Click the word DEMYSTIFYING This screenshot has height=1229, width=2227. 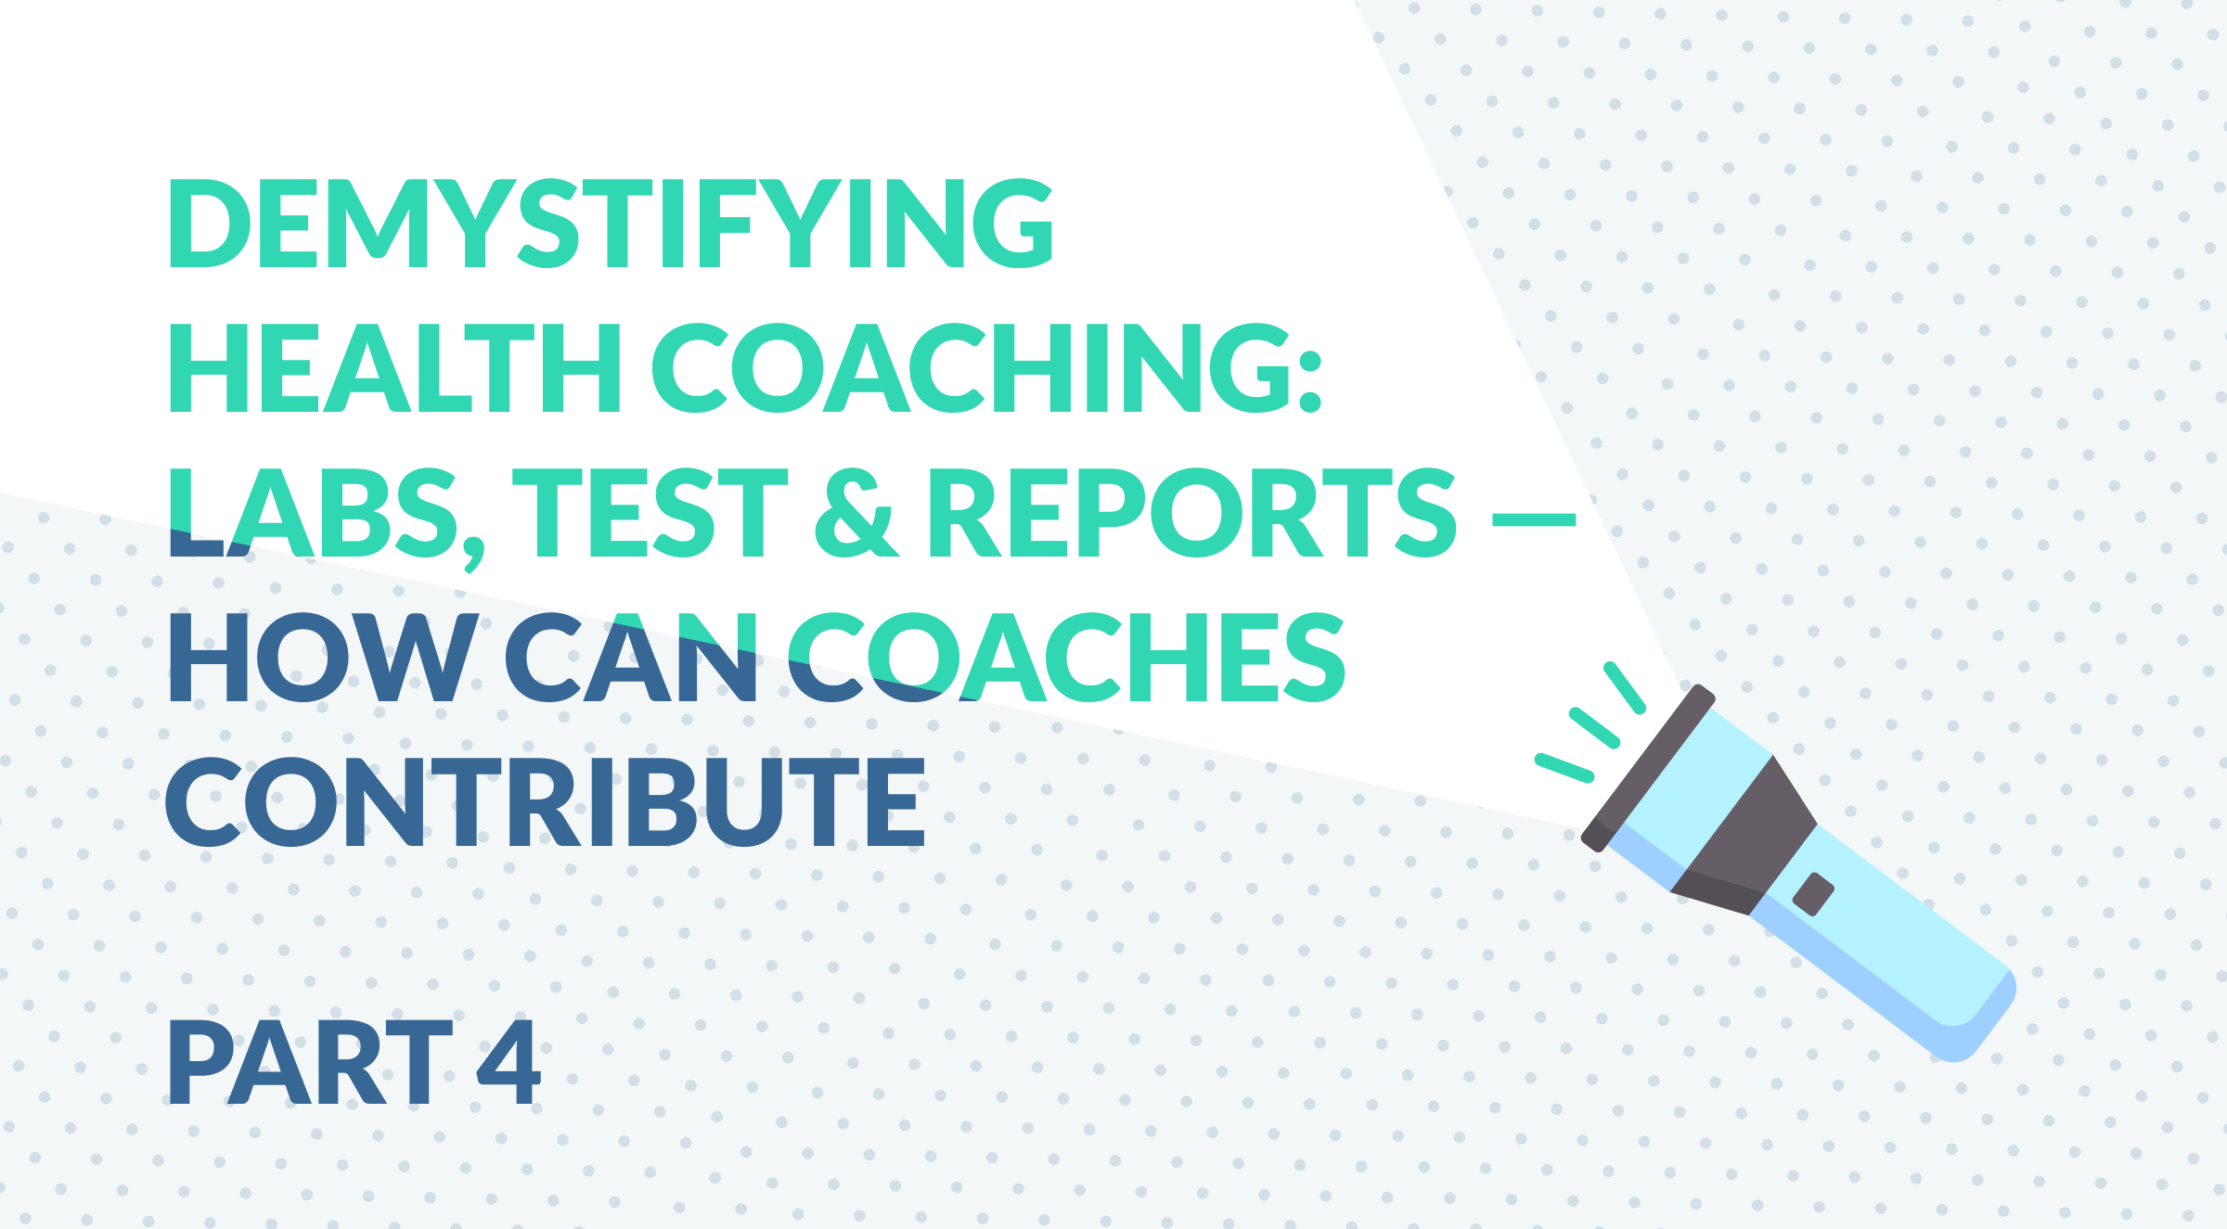pos(611,224)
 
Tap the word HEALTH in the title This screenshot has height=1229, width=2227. pos(395,367)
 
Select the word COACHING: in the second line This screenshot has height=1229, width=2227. pos(986,367)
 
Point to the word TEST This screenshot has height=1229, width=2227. pos(650,512)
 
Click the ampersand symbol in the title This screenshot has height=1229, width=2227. pos(856,512)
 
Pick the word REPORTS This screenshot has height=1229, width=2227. pos(1192,512)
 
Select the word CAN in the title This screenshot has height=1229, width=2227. pos(631,657)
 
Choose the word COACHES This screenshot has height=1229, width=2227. pos(1066,657)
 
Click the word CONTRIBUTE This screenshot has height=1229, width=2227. pos(545,802)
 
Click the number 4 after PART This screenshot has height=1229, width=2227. pos(508,1062)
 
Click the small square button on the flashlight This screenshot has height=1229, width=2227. pos(1813,894)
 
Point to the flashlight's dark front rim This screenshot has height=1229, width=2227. pos(1648,768)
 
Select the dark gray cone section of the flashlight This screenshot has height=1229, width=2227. pos(1744,836)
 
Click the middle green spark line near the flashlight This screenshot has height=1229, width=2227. pos(1594,728)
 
